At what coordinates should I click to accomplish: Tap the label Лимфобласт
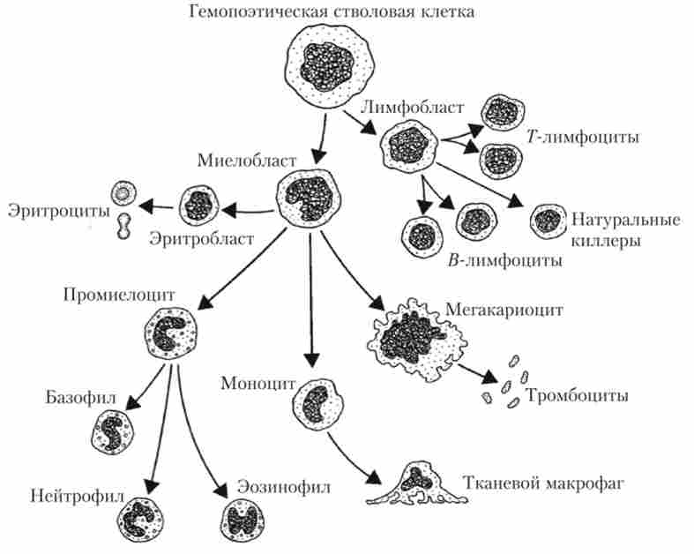coord(411,107)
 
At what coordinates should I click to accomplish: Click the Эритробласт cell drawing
coord(198,205)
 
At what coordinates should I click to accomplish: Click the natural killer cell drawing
coord(548,220)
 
